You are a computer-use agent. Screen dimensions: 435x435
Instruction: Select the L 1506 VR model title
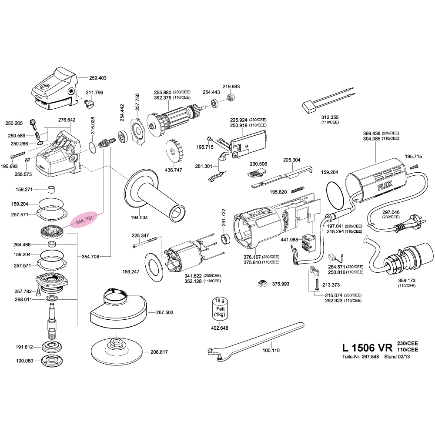pyautogui.click(x=367, y=348)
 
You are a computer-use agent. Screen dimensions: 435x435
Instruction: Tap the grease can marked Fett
pyautogui.click(x=219, y=310)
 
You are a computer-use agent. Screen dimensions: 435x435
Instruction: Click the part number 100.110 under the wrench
pyautogui.click(x=271, y=350)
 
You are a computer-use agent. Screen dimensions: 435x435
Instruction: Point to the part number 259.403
pyautogui.click(x=98, y=78)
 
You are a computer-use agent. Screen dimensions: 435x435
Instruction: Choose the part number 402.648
pyautogui.click(x=219, y=328)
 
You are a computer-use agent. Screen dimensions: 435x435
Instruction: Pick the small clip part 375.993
pyautogui.click(x=262, y=284)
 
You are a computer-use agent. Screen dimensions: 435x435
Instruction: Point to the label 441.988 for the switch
pyautogui.click(x=289, y=240)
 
